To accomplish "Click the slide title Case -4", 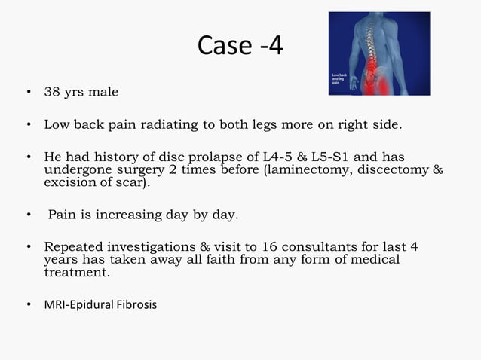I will tap(240, 46).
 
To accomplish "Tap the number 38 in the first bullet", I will tap(52, 93).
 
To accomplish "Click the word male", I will tap(103, 93).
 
